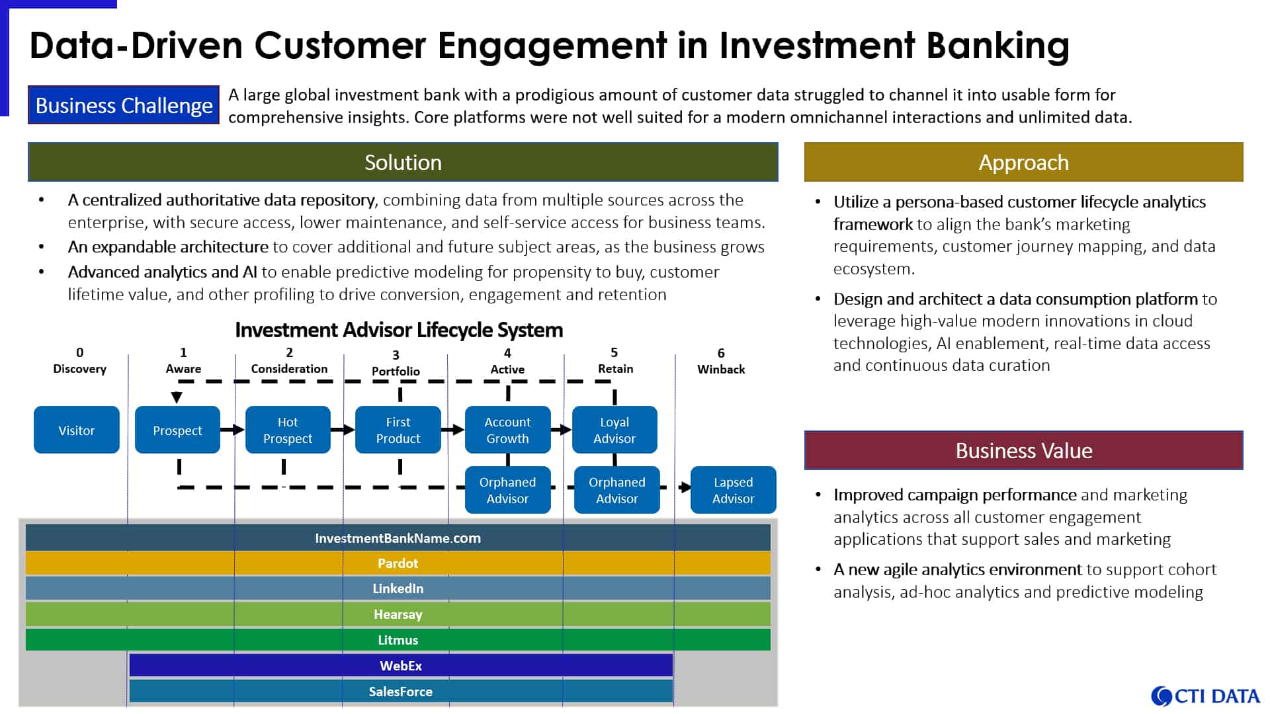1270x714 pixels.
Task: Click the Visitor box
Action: [x=77, y=430]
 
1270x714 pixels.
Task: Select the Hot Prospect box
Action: [x=288, y=430]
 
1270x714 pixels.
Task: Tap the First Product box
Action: [x=398, y=430]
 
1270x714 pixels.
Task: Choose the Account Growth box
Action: [x=508, y=430]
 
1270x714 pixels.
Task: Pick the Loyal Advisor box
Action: [x=614, y=430]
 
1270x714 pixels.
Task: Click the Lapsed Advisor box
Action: [x=734, y=490]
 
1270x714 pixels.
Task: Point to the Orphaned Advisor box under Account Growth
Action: [x=508, y=490]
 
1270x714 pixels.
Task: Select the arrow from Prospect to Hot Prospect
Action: [x=233, y=430]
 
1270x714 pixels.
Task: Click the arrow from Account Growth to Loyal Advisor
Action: [x=562, y=430]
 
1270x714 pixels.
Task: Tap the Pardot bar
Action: [x=398, y=563]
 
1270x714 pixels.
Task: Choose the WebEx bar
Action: [x=401, y=666]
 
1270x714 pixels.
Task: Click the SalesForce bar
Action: [x=401, y=692]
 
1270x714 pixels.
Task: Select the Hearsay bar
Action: [x=398, y=614]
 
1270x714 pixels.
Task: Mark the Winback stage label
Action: [x=721, y=369]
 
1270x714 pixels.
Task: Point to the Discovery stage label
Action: [x=79, y=368]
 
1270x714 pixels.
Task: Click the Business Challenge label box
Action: [x=124, y=105]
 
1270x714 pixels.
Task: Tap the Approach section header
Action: [x=1024, y=162]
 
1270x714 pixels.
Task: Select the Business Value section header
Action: [x=1024, y=450]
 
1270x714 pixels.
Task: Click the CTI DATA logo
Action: [x=1205, y=696]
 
